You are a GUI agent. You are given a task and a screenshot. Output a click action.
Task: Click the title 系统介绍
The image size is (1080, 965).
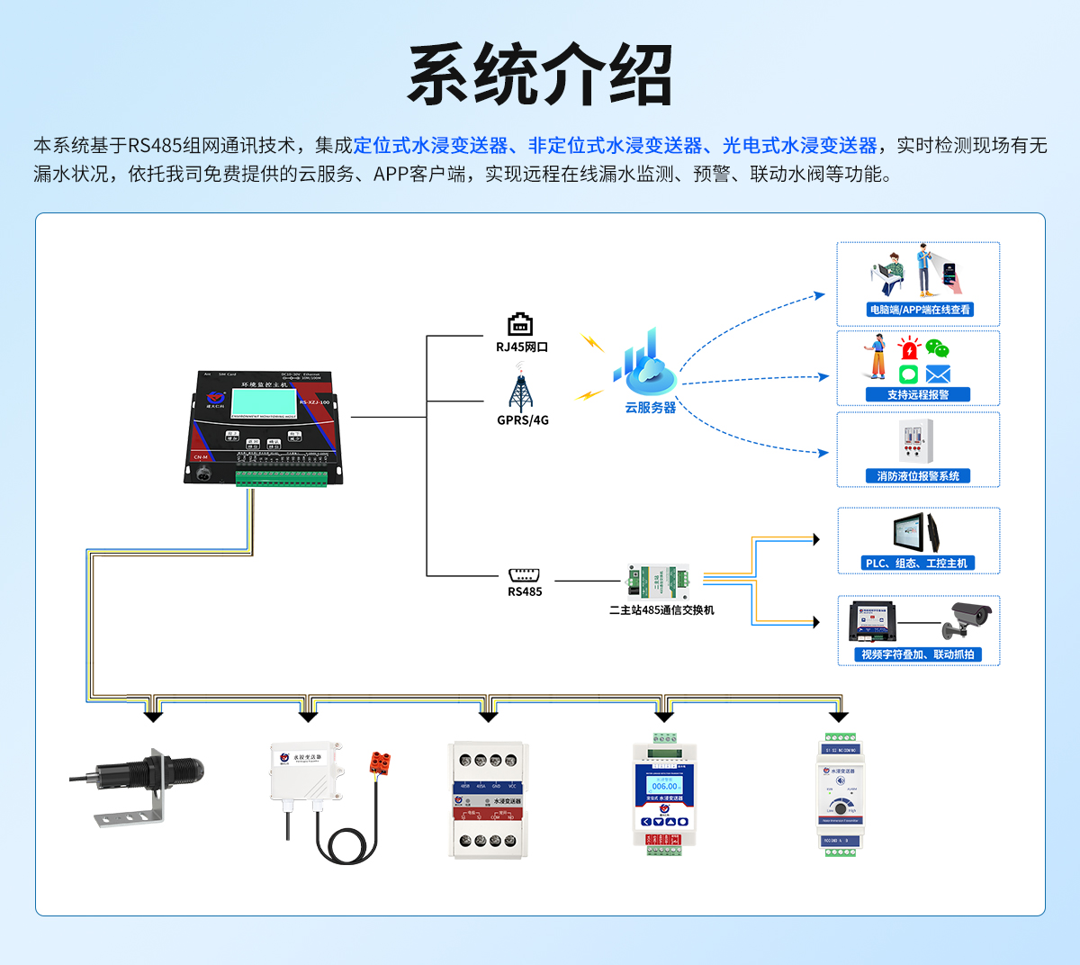coord(540,76)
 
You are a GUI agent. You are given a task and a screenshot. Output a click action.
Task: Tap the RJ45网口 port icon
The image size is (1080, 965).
coord(520,324)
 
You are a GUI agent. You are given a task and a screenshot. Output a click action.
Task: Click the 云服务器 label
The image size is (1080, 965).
coord(650,408)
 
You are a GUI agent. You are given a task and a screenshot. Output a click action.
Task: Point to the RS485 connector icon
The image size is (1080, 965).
coord(524,575)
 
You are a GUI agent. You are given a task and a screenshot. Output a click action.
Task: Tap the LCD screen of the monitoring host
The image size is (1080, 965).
coord(264,400)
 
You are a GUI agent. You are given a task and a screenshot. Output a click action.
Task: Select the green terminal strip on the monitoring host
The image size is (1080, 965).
coord(281,477)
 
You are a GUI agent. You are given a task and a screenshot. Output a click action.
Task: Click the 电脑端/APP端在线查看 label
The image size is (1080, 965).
coord(919,310)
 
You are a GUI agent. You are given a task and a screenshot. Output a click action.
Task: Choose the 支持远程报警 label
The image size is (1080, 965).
coord(917,394)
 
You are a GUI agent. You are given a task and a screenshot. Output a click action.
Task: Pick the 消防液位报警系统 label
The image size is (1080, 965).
coord(918,476)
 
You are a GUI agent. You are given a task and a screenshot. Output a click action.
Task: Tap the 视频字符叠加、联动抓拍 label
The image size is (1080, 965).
coord(917,654)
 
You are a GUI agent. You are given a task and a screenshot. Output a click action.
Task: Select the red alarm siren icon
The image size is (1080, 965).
coord(910,349)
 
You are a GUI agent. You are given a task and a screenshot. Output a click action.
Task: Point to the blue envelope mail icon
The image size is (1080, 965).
coord(938,374)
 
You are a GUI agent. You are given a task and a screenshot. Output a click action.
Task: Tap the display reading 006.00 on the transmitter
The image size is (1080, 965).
coord(664,786)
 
